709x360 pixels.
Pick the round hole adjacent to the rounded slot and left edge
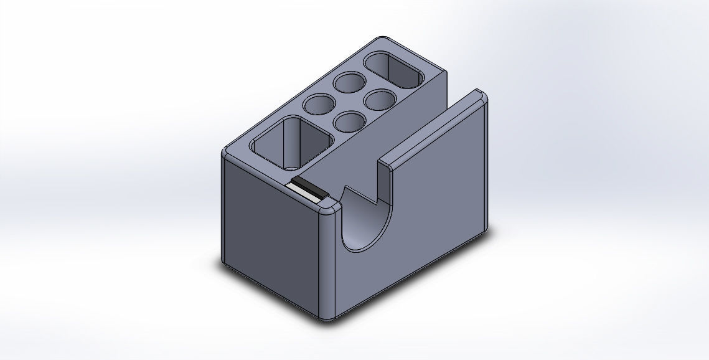tap(349, 82)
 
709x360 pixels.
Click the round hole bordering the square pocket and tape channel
tap(350, 121)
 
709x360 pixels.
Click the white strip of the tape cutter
tap(304, 192)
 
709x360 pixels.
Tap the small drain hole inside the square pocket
tap(291, 168)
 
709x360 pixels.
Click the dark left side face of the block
tap(271, 230)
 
